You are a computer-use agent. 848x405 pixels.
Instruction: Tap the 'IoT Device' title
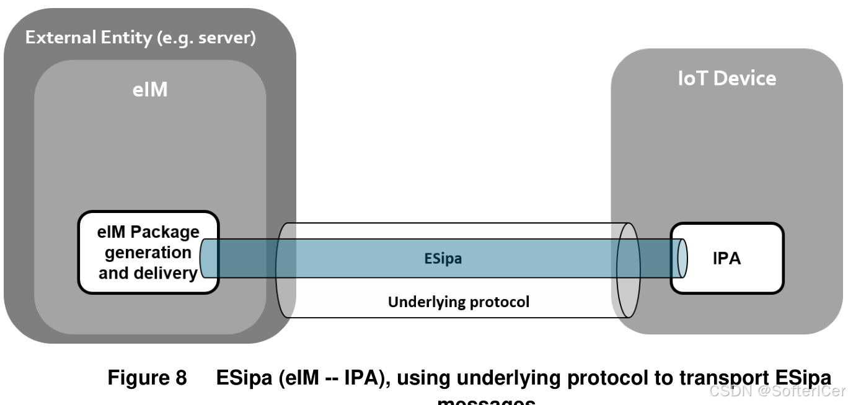coord(727,78)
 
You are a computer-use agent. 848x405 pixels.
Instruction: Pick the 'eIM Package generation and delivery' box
coord(148,253)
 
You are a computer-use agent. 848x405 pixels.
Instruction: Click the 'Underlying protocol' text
coord(458,303)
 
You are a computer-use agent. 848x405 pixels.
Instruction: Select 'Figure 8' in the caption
coord(148,378)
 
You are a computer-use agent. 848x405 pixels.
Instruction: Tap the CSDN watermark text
coord(777,391)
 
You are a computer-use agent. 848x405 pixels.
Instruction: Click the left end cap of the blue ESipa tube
coord(205,258)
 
